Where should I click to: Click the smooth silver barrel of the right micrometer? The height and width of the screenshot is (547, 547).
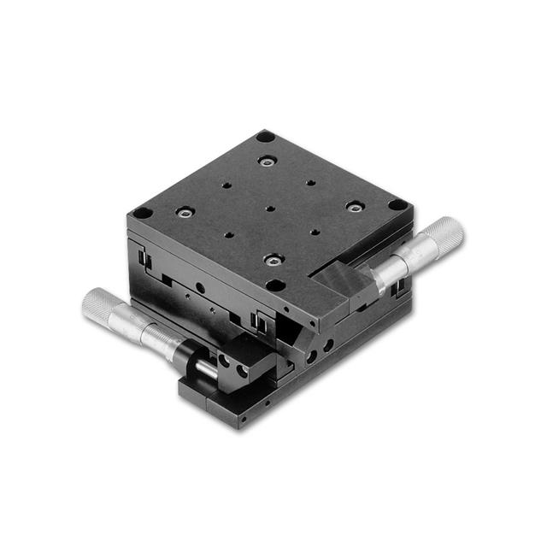(397, 264)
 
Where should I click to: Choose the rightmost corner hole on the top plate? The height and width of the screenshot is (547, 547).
(397, 205)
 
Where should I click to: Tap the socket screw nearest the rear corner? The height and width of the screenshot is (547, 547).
(268, 160)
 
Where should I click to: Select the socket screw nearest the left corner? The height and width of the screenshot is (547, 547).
(184, 211)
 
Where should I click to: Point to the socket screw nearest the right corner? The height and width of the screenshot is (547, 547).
(354, 206)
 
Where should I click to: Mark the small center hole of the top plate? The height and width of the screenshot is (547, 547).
(269, 208)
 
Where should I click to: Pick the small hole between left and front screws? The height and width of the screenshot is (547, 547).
(228, 234)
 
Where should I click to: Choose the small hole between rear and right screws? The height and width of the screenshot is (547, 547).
(311, 182)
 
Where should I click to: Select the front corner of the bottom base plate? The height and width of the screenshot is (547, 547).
(243, 422)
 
